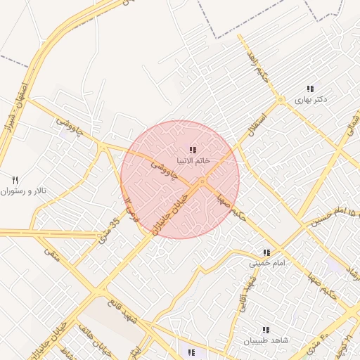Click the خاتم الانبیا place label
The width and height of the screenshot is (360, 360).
coord(193,162)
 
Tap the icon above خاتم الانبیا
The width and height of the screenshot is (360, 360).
coord(193,150)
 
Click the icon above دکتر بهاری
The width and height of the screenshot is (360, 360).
coord(310,89)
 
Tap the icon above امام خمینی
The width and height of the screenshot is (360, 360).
coord(266,252)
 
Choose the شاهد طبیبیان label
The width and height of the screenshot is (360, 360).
coord(266,341)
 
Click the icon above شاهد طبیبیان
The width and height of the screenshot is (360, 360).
coord(266,330)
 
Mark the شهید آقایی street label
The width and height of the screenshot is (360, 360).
coord(247,290)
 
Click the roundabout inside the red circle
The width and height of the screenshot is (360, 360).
coord(202,183)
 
